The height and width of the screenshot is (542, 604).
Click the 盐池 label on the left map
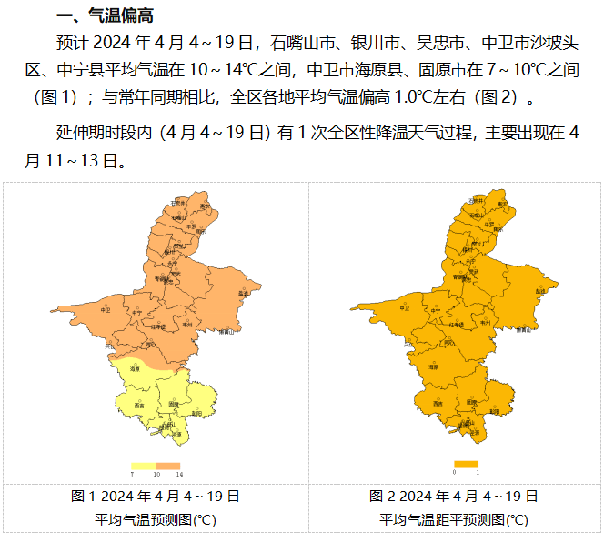pyautogui.click(x=242, y=293)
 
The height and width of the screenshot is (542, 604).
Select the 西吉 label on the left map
pyautogui.click(x=139, y=405)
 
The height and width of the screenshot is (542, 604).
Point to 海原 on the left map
pyautogui.click(x=136, y=369)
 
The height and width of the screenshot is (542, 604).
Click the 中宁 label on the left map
pyautogui.click(x=137, y=312)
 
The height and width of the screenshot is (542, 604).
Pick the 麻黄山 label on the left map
pyautogui.click(x=228, y=333)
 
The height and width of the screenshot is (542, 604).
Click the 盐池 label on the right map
pyautogui.click(x=540, y=292)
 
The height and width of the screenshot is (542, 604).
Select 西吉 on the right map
pyautogui.click(x=438, y=404)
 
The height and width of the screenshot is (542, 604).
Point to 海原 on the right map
pyautogui.click(x=434, y=368)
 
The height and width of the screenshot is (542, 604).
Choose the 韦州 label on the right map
pyautogui.click(x=485, y=323)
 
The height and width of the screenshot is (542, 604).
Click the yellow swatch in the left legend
pyautogui.click(x=144, y=466)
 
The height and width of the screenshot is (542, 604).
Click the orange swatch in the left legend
pyautogui.click(x=168, y=466)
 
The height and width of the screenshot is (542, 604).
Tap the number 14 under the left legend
pyautogui.click(x=179, y=476)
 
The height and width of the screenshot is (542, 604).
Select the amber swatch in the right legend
pyautogui.click(x=466, y=465)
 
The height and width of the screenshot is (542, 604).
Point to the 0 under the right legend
pyautogui.click(x=454, y=474)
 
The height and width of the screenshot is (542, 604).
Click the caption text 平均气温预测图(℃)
pyautogui.click(x=156, y=519)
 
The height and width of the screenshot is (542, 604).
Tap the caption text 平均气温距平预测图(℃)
pyautogui.click(x=454, y=519)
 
